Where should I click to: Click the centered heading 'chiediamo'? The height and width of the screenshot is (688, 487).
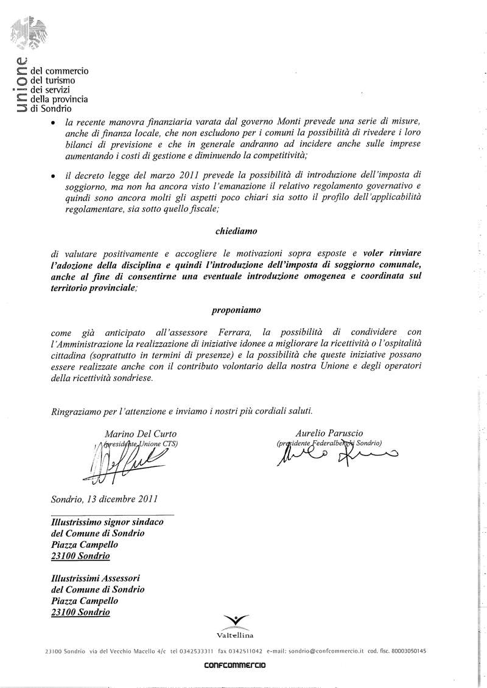coord(236,231)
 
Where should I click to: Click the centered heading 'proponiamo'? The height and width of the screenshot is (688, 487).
coord(236,310)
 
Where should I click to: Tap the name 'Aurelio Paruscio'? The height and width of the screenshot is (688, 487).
coord(328,432)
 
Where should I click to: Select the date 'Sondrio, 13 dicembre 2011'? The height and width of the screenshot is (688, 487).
coord(104,499)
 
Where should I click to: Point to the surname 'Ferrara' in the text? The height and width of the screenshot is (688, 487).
coord(233,332)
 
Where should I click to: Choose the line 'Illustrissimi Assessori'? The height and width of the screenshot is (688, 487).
coord(96,578)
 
